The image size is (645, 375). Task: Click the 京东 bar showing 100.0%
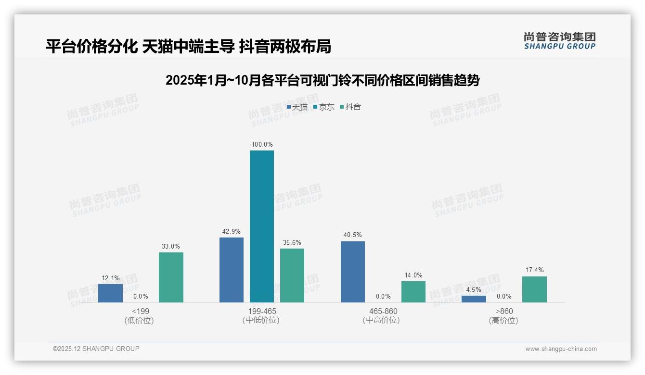(x=261, y=226)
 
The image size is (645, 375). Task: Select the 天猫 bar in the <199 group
(x=110, y=293)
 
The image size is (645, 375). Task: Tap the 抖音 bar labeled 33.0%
(x=171, y=277)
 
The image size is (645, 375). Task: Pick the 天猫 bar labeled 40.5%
(x=352, y=272)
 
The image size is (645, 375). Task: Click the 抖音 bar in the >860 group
(x=534, y=289)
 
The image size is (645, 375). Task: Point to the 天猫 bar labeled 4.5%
(x=474, y=299)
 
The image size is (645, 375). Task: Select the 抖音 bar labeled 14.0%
(x=413, y=292)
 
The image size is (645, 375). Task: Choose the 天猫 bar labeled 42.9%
(x=232, y=270)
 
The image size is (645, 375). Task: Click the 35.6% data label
(x=292, y=243)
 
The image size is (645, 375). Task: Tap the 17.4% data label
(x=534, y=270)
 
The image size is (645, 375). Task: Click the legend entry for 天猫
(x=297, y=107)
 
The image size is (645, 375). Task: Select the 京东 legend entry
(x=324, y=107)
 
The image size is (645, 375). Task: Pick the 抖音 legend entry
(x=350, y=107)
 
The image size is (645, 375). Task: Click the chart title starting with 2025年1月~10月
(x=322, y=80)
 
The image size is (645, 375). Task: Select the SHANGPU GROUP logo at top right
(x=560, y=41)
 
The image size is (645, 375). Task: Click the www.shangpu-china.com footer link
(x=561, y=349)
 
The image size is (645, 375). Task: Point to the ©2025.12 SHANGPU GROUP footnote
(x=96, y=349)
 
